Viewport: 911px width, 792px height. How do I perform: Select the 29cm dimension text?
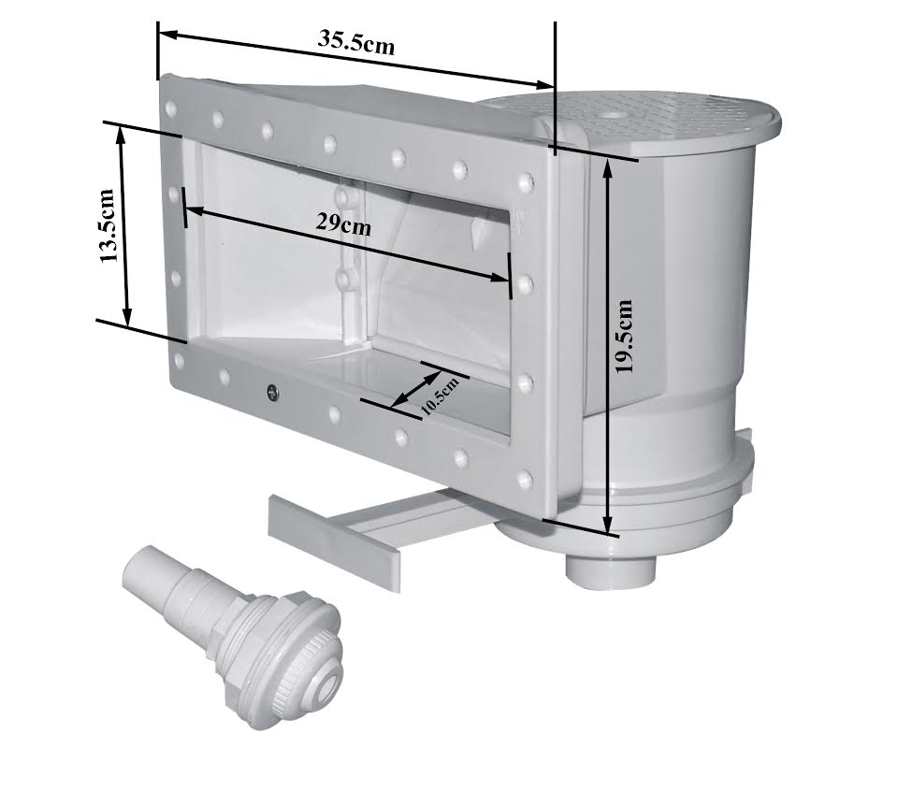point(343,223)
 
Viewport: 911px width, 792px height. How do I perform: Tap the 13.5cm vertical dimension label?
point(108,226)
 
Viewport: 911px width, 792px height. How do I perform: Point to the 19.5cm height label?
point(625,337)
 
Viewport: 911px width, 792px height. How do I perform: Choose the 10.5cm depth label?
point(440,395)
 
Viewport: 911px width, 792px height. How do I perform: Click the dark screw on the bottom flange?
point(271,392)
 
